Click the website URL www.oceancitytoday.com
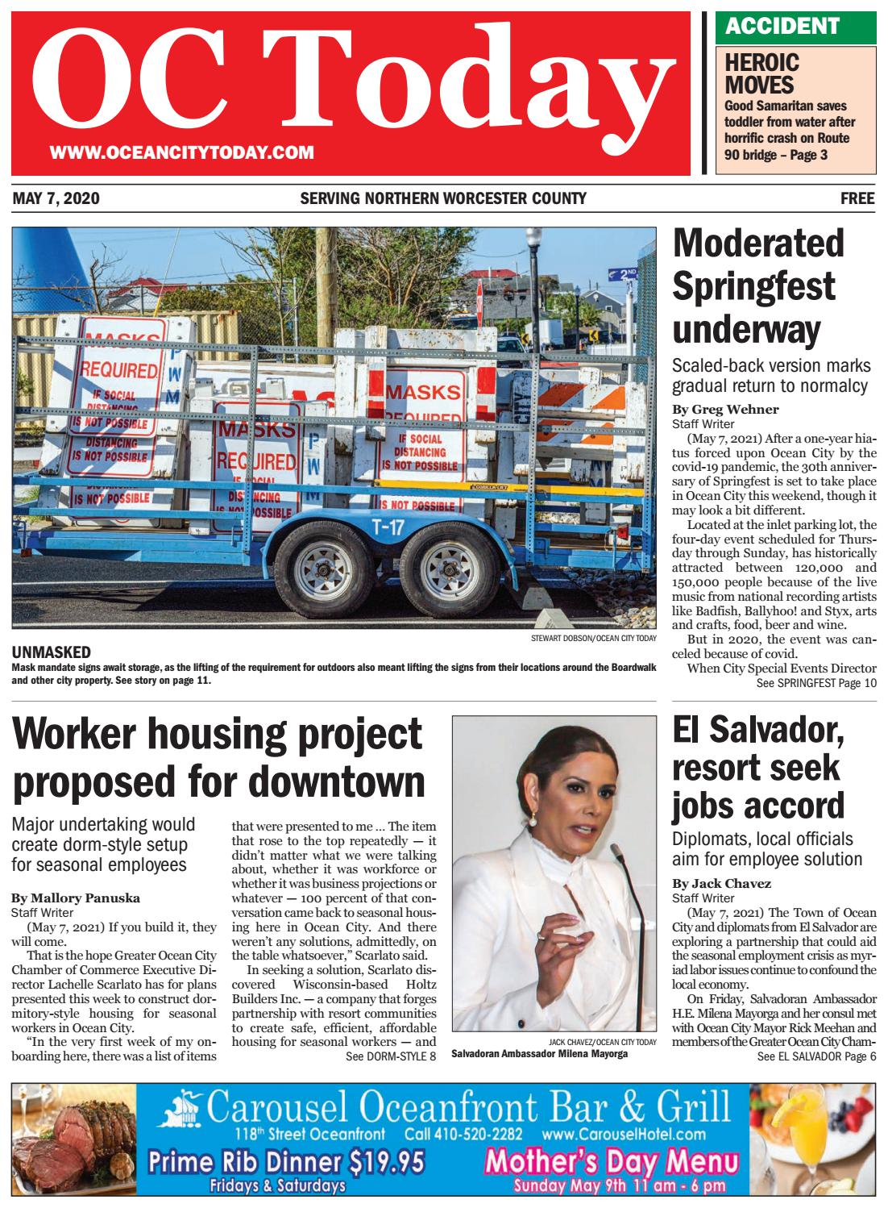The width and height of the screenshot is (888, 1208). (181, 152)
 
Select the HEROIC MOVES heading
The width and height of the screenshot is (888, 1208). (761, 73)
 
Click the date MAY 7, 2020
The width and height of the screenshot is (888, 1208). (56, 198)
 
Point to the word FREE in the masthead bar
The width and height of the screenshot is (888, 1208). (857, 198)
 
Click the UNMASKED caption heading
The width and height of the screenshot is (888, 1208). (51, 652)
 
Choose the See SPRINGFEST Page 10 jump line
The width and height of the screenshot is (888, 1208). (815, 683)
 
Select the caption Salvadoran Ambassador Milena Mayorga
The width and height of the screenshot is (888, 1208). (539, 1054)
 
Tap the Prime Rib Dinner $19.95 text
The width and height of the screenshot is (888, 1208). (286, 1163)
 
